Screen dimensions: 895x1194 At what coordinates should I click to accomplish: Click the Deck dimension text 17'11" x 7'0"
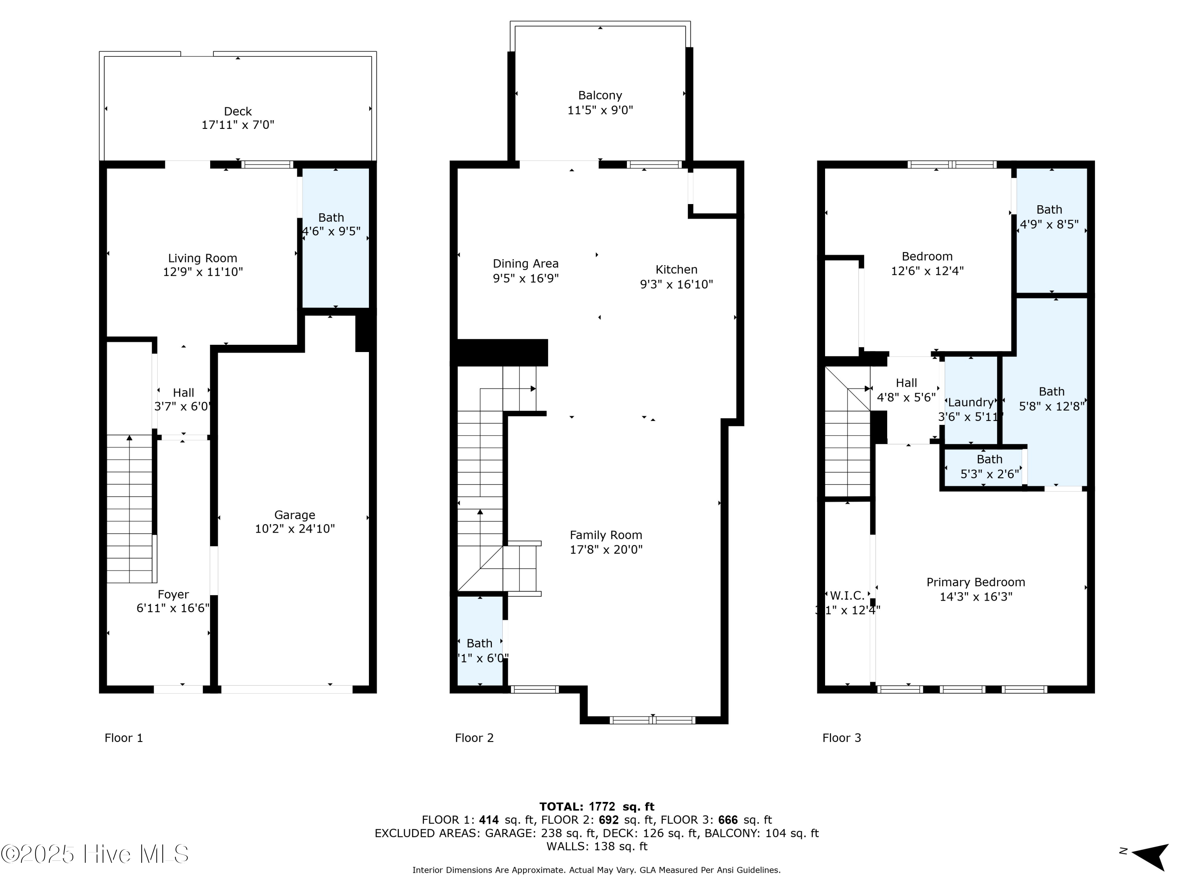tap(238, 125)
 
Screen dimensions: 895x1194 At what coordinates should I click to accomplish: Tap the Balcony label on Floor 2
tap(600, 95)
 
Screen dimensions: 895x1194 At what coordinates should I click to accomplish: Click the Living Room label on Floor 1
tap(203, 259)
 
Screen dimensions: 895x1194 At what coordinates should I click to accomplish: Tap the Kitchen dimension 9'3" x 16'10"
tap(676, 284)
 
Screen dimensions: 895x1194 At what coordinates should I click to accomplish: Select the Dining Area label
tap(525, 264)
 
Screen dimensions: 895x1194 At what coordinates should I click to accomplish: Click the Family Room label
tap(606, 535)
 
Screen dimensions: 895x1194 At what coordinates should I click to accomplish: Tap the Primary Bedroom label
tap(975, 582)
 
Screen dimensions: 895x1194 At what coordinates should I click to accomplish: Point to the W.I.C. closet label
tap(847, 595)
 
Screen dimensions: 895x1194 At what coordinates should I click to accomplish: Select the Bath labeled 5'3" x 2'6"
tap(989, 467)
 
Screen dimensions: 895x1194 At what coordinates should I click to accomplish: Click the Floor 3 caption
tap(841, 738)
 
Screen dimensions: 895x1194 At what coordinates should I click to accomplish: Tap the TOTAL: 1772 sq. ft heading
tap(597, 807)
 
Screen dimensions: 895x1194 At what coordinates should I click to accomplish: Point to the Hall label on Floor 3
tap(906, 383)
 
